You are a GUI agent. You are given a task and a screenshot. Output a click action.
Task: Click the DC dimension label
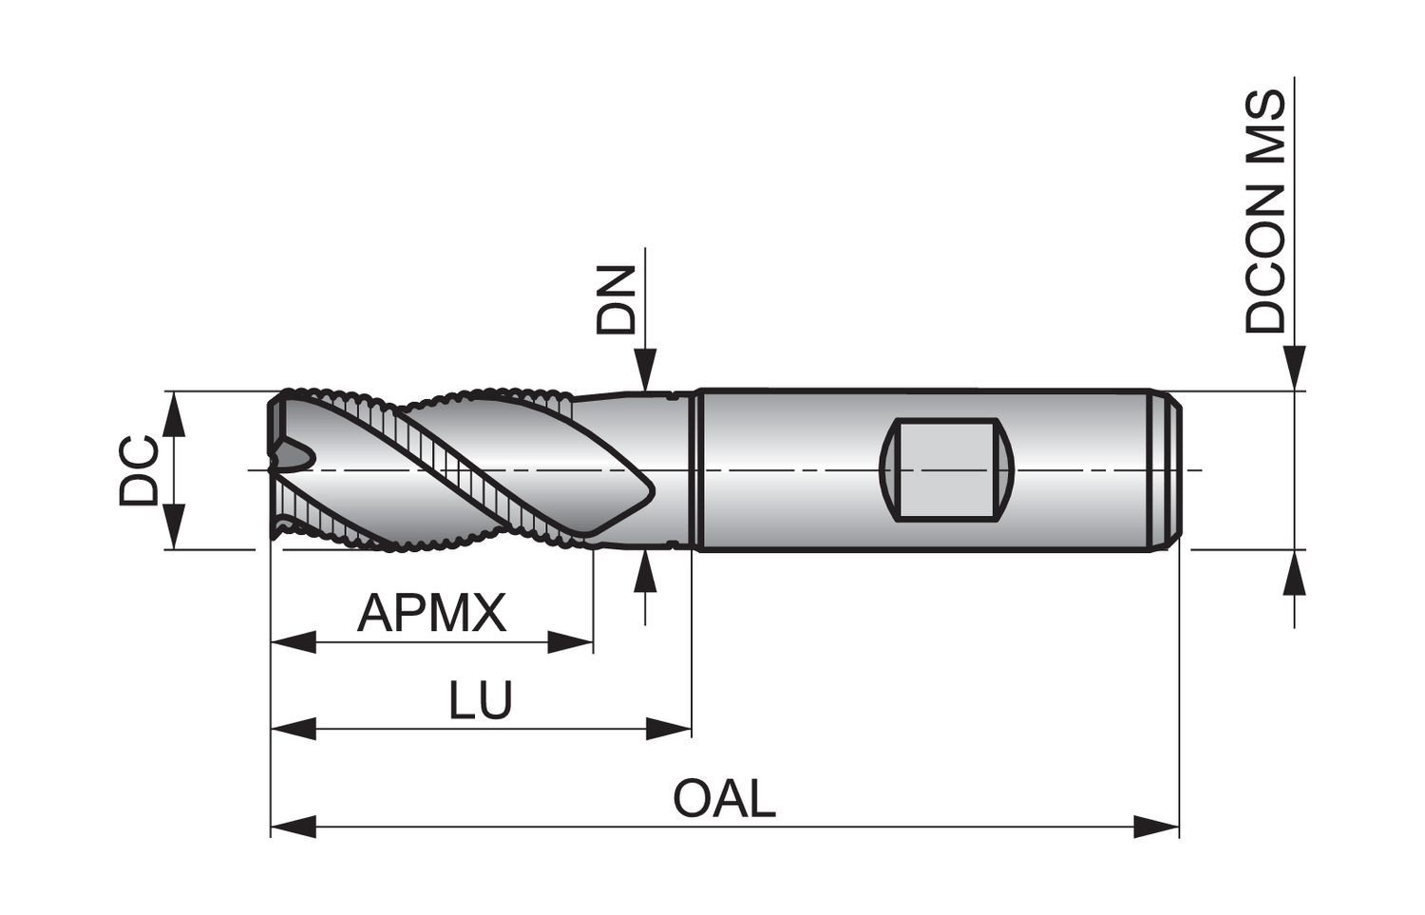tap(139, 470)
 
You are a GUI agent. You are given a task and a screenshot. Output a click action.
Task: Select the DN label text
tap(616, 299)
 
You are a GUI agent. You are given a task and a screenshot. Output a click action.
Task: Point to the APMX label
tap(432, 613)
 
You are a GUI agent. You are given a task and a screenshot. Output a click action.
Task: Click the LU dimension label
tap(481, 700)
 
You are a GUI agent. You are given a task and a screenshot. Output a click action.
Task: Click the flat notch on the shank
tap(947, 469)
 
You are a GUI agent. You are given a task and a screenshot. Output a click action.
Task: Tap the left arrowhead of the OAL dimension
tap(293, 827)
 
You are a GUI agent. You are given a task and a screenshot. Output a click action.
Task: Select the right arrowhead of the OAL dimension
tap(1157, 827)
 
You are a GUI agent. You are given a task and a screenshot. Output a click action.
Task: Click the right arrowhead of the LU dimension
tap(669, 730)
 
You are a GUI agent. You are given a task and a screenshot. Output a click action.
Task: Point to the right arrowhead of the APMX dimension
tap(571, 643)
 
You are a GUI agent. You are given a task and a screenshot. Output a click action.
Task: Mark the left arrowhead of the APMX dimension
tap(293, 643)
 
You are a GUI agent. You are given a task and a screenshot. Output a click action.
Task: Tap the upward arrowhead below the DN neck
tap(646, 570)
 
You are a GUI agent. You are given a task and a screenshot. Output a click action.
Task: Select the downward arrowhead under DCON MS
tap(1294, 369)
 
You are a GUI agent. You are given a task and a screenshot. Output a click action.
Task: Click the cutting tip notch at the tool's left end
tap(291, 456)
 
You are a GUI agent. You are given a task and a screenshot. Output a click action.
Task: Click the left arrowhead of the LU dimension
tap(293, 730)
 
